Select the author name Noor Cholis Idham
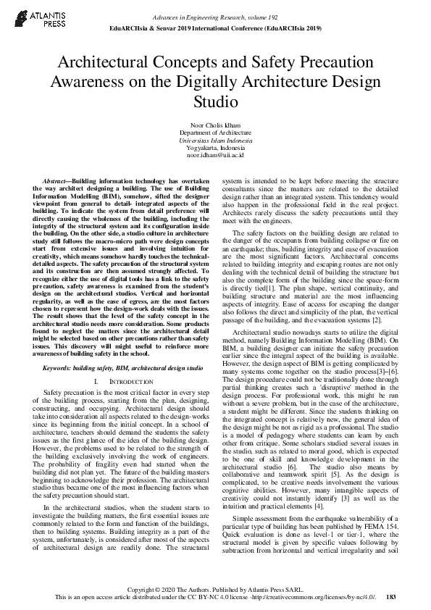click(x=215, y=125)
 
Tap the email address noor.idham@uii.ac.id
click(x=215, y=154)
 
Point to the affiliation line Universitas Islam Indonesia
click(x=215, y=140)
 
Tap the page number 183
click(x=391, y=597)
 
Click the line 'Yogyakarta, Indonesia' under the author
click(x=215, y=147)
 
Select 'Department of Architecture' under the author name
click(x=215, y=133)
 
